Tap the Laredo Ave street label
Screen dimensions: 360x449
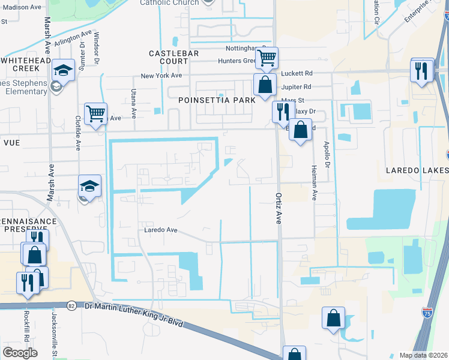click(161, 230)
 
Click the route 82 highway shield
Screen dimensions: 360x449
click(71, 305)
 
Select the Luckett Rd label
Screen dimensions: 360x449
click(296, 73)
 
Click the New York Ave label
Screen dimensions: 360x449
click(161, 76)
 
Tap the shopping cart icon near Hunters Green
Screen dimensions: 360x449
click(267, 58)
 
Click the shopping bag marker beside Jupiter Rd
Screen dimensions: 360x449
click(264, 85)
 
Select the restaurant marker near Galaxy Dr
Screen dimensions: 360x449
click(283, 112)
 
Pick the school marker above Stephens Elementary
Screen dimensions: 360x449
click(62, 71)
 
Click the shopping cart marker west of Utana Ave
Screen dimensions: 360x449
click(95, 113)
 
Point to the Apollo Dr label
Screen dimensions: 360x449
click(327, 155)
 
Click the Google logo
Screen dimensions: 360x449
click(20, 353)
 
